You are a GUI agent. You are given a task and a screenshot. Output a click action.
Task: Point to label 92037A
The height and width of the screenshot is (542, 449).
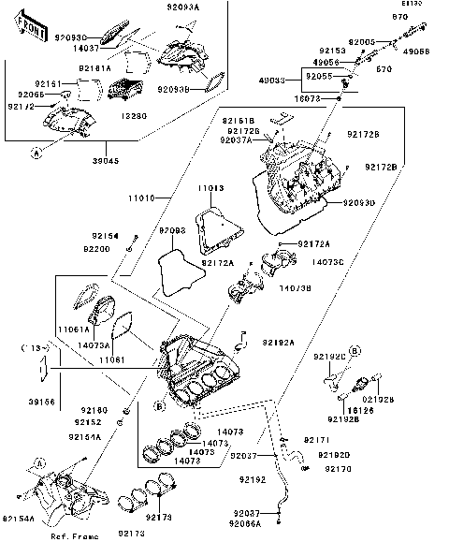237,139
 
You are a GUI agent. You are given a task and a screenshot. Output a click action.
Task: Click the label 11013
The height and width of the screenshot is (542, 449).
210,188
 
